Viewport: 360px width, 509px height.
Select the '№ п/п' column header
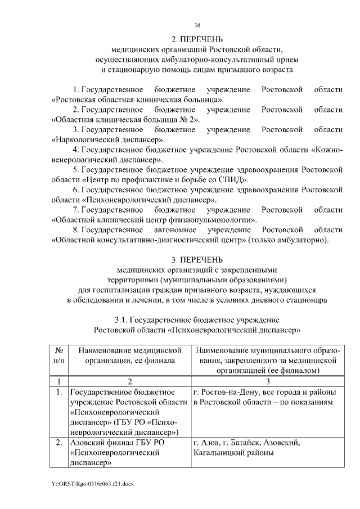(58, 355)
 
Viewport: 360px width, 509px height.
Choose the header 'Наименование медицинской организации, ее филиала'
(129, 355)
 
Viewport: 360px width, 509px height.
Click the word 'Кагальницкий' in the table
(218, 453)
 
